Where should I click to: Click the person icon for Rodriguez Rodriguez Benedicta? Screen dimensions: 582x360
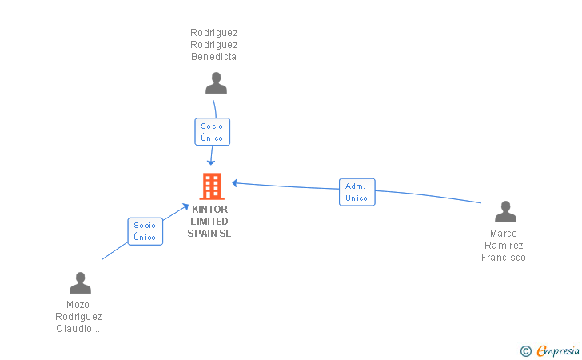(x=216, y=83)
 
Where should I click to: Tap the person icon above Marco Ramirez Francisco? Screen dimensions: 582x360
(x=505, y=211)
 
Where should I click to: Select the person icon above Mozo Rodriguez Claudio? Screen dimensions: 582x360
(x=80, y=282)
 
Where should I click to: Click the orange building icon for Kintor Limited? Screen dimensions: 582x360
(x=212, y=186)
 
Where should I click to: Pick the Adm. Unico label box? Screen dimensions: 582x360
(x=357, y=192)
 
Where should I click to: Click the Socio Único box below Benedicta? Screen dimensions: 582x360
(x=213, y=131)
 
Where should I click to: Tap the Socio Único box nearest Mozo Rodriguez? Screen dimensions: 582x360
(x=145, y=231)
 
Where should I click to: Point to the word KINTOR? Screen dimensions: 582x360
(x=209, y=209)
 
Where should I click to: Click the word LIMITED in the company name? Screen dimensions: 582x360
(x=209, y=222)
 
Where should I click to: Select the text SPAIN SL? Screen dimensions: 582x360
(x=209, y=234)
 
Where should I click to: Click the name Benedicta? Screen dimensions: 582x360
(x=213, y=57)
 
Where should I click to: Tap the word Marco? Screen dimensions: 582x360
(x=504, y=234)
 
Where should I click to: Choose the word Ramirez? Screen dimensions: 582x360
(x=504, y=246)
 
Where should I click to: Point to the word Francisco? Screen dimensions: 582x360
(x=504, y=258)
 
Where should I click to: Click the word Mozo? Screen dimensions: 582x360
(x=78, y=305)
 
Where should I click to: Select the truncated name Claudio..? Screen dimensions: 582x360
(x=78, y=329)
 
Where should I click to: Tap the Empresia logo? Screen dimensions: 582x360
(x=558, y=350)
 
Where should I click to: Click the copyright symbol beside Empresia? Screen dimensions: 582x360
(x=526, y=351)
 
